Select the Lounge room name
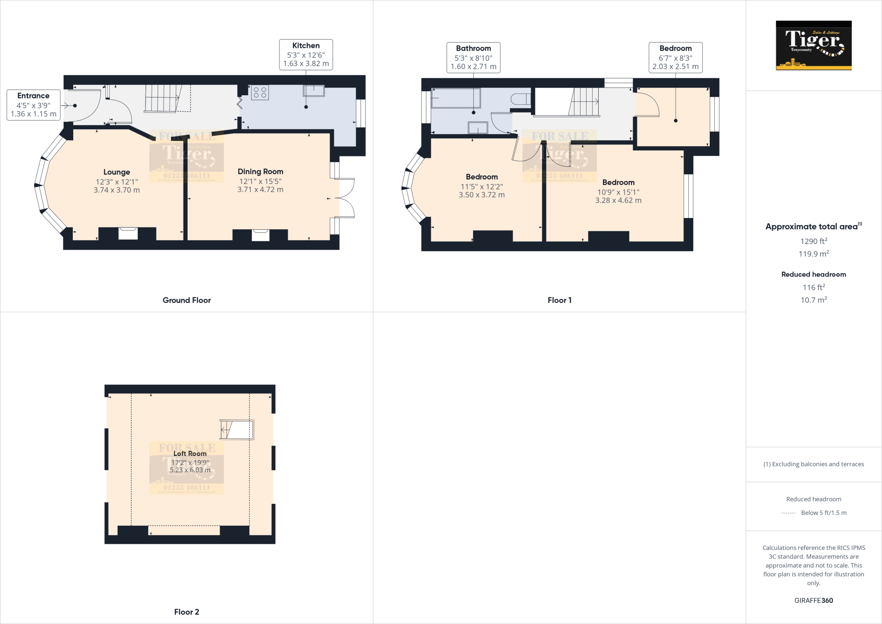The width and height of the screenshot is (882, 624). point(116,172)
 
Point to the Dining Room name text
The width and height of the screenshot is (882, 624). point(260,172)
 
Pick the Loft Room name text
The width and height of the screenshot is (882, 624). point(190,453)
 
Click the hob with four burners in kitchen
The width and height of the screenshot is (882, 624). point(260,92)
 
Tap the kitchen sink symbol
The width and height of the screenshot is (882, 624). point(314,90)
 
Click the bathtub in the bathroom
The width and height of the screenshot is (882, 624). point(456,98)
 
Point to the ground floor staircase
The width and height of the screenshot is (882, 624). point(163,99)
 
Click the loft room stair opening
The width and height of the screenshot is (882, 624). point(236,430)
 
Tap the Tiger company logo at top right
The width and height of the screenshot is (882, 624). point(814,45)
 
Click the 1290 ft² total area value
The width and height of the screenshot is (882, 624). point(814,241)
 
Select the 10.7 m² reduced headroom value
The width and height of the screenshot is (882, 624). point(814,300)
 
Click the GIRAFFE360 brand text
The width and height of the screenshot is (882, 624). point(814,600)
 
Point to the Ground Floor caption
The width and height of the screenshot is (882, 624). point(186,300)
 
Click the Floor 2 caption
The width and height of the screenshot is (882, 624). point(186,612)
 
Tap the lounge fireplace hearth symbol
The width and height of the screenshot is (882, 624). point(128,233)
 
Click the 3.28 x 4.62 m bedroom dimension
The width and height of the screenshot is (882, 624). point(618,200)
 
